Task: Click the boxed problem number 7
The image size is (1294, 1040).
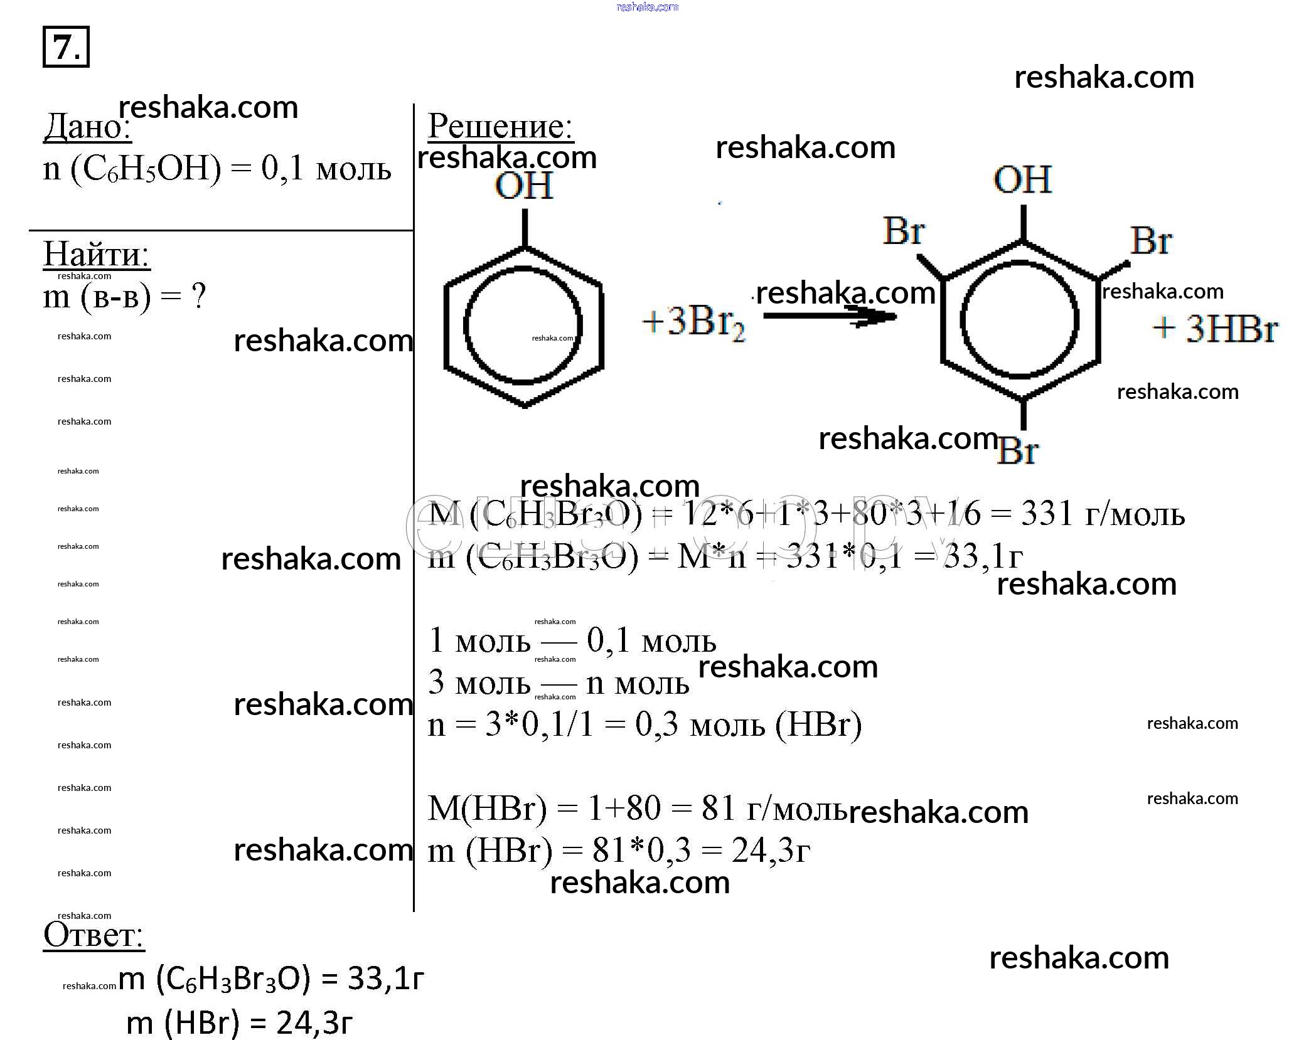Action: [66, 46]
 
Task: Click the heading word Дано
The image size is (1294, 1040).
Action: [87, 128]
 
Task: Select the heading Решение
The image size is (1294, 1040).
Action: [500, 126]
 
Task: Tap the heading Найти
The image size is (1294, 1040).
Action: [96, 255]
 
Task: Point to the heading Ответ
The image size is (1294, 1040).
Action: [94, 935]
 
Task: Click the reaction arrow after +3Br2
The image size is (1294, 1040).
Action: [829, 317]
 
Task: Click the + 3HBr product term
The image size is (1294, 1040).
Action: [1216, 329]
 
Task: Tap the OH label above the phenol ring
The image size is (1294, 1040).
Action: [524, 185]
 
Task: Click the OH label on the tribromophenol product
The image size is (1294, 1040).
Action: [1022, 179]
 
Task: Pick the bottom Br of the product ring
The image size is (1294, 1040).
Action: [1017, 450]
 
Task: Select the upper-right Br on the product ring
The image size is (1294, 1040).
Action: [1151, 241]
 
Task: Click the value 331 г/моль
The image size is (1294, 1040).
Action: [1103, 514]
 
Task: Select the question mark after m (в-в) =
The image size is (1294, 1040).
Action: [198, 297]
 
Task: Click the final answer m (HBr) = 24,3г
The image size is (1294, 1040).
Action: [239, 1023]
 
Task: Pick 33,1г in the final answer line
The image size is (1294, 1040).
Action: [386, 978]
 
